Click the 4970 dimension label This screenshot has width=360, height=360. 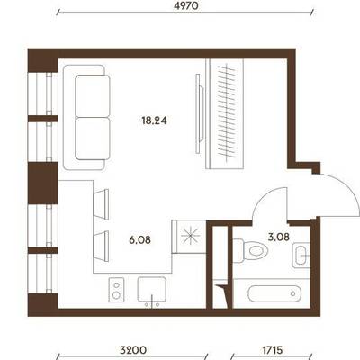(186, 6)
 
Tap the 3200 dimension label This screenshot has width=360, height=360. (133, 350)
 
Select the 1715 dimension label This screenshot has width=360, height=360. (273, 350)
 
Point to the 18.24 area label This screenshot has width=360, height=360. (154, 121)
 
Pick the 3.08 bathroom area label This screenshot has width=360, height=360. (278, 237)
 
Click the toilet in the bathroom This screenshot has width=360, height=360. (250, 250)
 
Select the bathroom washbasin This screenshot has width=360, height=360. (301, 255)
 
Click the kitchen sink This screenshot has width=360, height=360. (151, 290)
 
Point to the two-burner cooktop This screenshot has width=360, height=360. (116, 290)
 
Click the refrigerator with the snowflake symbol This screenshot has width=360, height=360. (189, 237)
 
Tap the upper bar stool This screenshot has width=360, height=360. (102, 204)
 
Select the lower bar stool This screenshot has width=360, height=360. (102, 246)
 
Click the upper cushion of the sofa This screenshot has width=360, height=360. (93, 96)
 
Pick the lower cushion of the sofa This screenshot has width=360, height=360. (93, 139)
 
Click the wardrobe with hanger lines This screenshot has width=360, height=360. (224, 113)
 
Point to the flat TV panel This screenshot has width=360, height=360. (199, 113)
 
